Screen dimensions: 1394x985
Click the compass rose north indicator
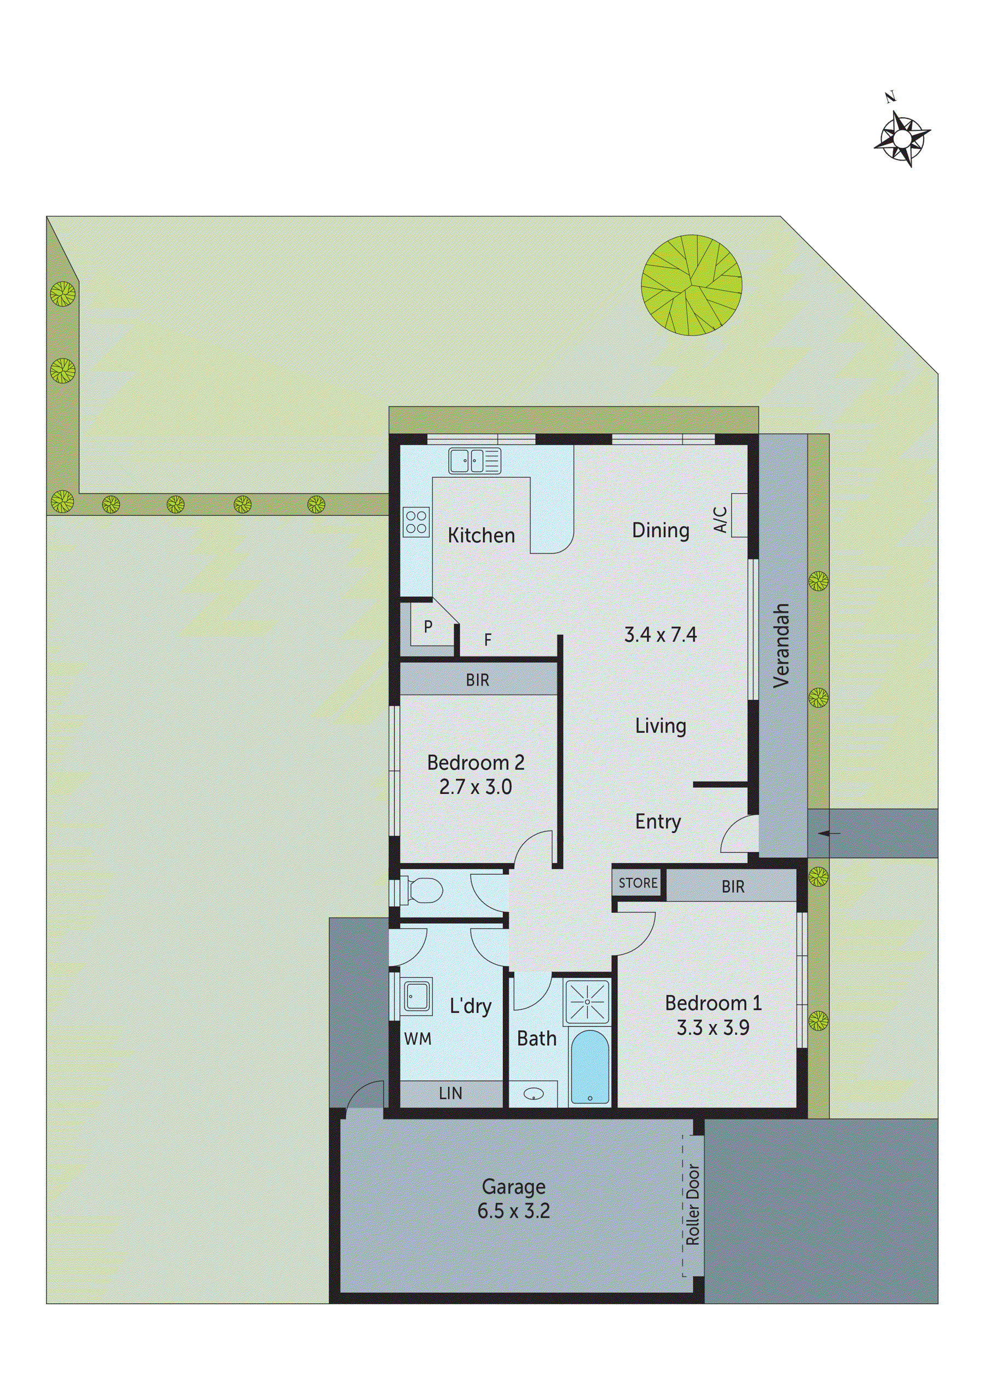(902, 138)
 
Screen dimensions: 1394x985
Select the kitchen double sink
(474, 461)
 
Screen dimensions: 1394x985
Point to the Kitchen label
(481, 535)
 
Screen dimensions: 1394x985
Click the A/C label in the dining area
(720, 520)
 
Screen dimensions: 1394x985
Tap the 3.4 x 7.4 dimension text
(660, 635)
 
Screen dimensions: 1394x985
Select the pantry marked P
(428, 626)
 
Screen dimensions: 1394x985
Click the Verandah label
(783, 646)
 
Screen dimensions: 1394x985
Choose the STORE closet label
(638, 883)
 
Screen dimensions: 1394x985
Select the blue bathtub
(589, 1069)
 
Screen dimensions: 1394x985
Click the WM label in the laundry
(418, 1039)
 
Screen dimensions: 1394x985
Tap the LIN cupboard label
(450, 1093)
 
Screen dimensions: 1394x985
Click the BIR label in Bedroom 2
(478, 680)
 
